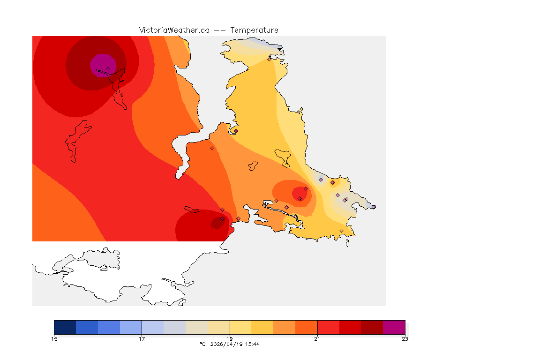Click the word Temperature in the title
coord(254,30)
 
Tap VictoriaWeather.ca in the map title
coord(174,30)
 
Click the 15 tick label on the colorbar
coord(54,339)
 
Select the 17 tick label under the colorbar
coord(142,339)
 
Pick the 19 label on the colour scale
coord(230,339)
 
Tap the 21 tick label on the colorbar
coord(317,339)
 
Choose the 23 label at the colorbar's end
coord(405,339)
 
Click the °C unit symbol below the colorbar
coord(202,345)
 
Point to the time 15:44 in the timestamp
coord(253,345)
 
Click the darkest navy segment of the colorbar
coord(65,327)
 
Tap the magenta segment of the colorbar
coord(394,327)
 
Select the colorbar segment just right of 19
coord(240,327)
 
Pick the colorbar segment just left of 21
coord(306,327)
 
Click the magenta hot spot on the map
coord(102,63)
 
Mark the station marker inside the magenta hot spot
coord(108,68)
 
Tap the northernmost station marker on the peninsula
coord(269,59)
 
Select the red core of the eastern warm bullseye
coord(299,193)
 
